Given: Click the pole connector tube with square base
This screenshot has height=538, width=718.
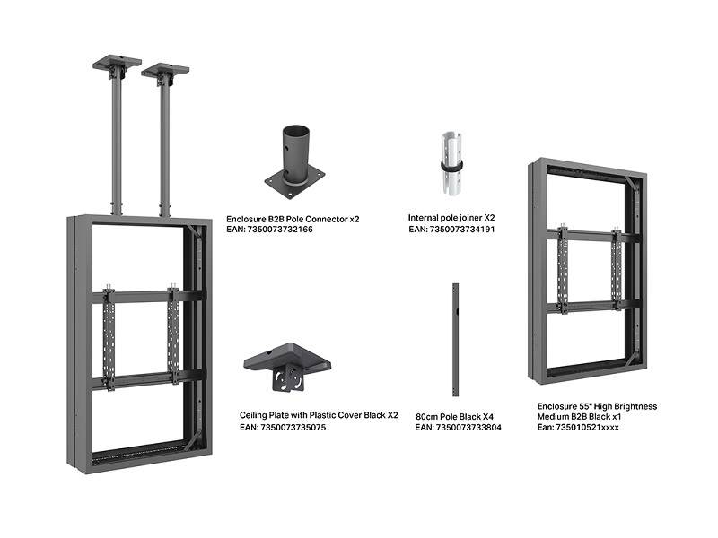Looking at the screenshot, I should pyautogui.click(x=294, y=158).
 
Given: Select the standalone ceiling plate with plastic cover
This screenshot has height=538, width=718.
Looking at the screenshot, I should pyautogui.click(x=286, y=367).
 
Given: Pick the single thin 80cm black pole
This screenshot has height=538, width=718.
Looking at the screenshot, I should pyautogui.click(x=455, y=340).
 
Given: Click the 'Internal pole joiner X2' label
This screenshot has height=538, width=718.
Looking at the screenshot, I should pyautogui.click(x=451, y=218).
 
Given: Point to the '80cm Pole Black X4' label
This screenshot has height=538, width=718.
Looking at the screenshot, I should pyautogui.click(x=454, y=416).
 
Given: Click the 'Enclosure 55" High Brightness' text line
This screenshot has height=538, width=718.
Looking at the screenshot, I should pyautogui.click(x=597, y=406).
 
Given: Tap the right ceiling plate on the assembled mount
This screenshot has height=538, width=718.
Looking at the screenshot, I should pyautogui.click(x=165, y=69).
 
